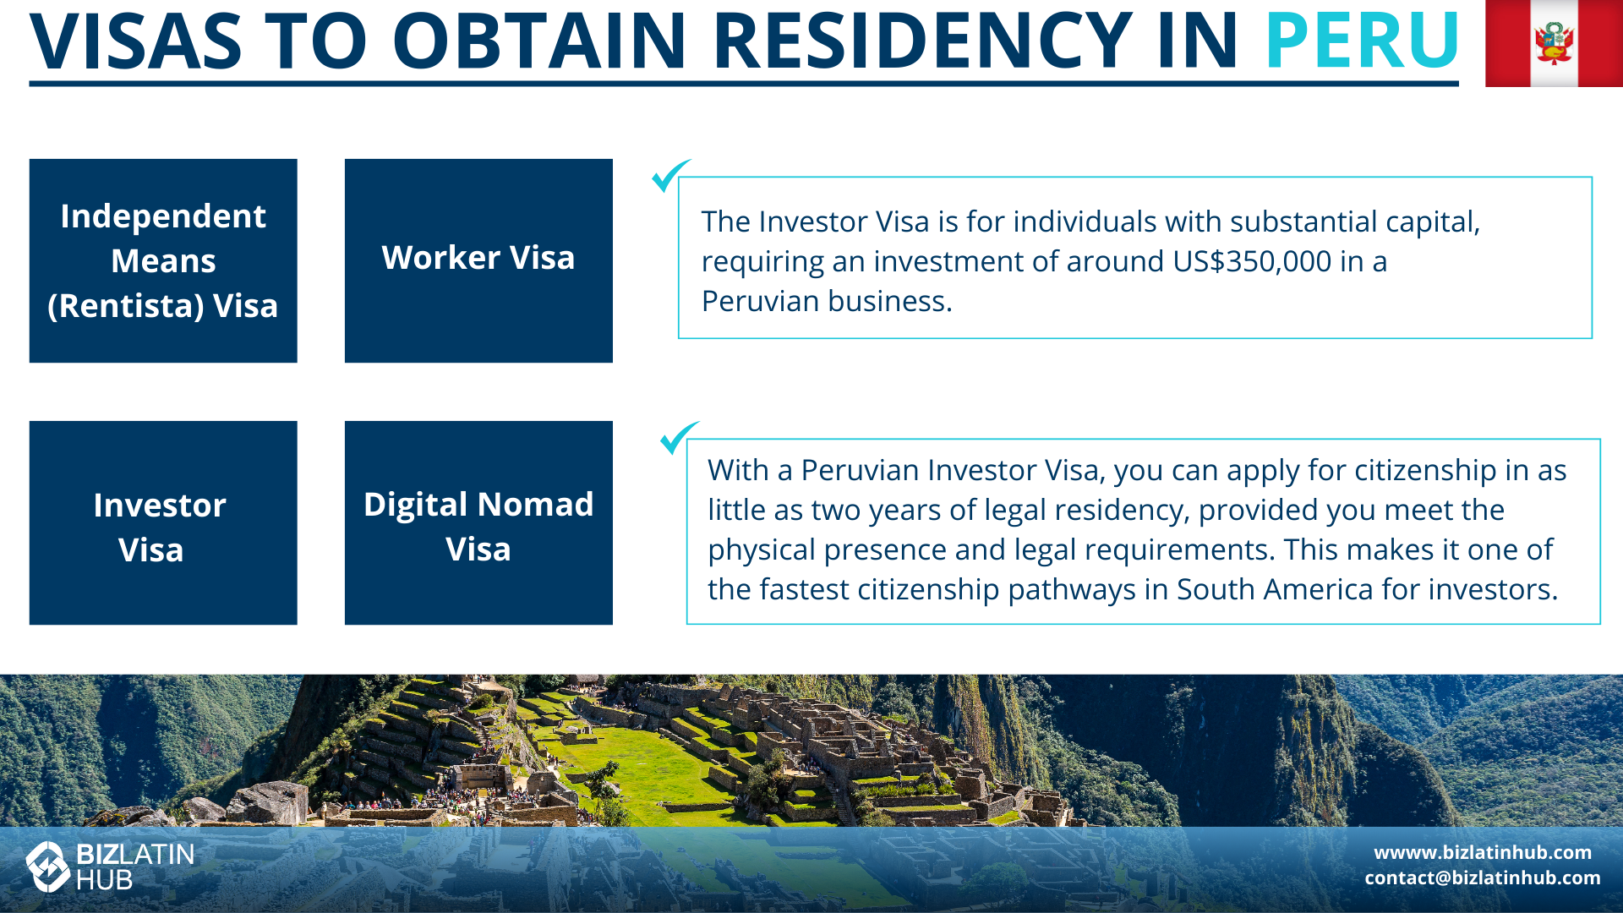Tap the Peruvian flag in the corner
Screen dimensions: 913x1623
click(1554, 43)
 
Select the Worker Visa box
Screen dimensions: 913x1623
click(478, 260)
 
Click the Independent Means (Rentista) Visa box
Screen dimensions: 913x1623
click(163, 260)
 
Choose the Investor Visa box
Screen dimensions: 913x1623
click(163, 522)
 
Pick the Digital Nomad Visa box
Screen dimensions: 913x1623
click(478, 522)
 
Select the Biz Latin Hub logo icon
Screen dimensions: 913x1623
click(48, 867)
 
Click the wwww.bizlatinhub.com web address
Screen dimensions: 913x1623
click(1483, 852)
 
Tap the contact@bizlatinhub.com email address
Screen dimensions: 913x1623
click(1483, 877)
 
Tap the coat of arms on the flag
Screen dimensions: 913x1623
click(1554, 42)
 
